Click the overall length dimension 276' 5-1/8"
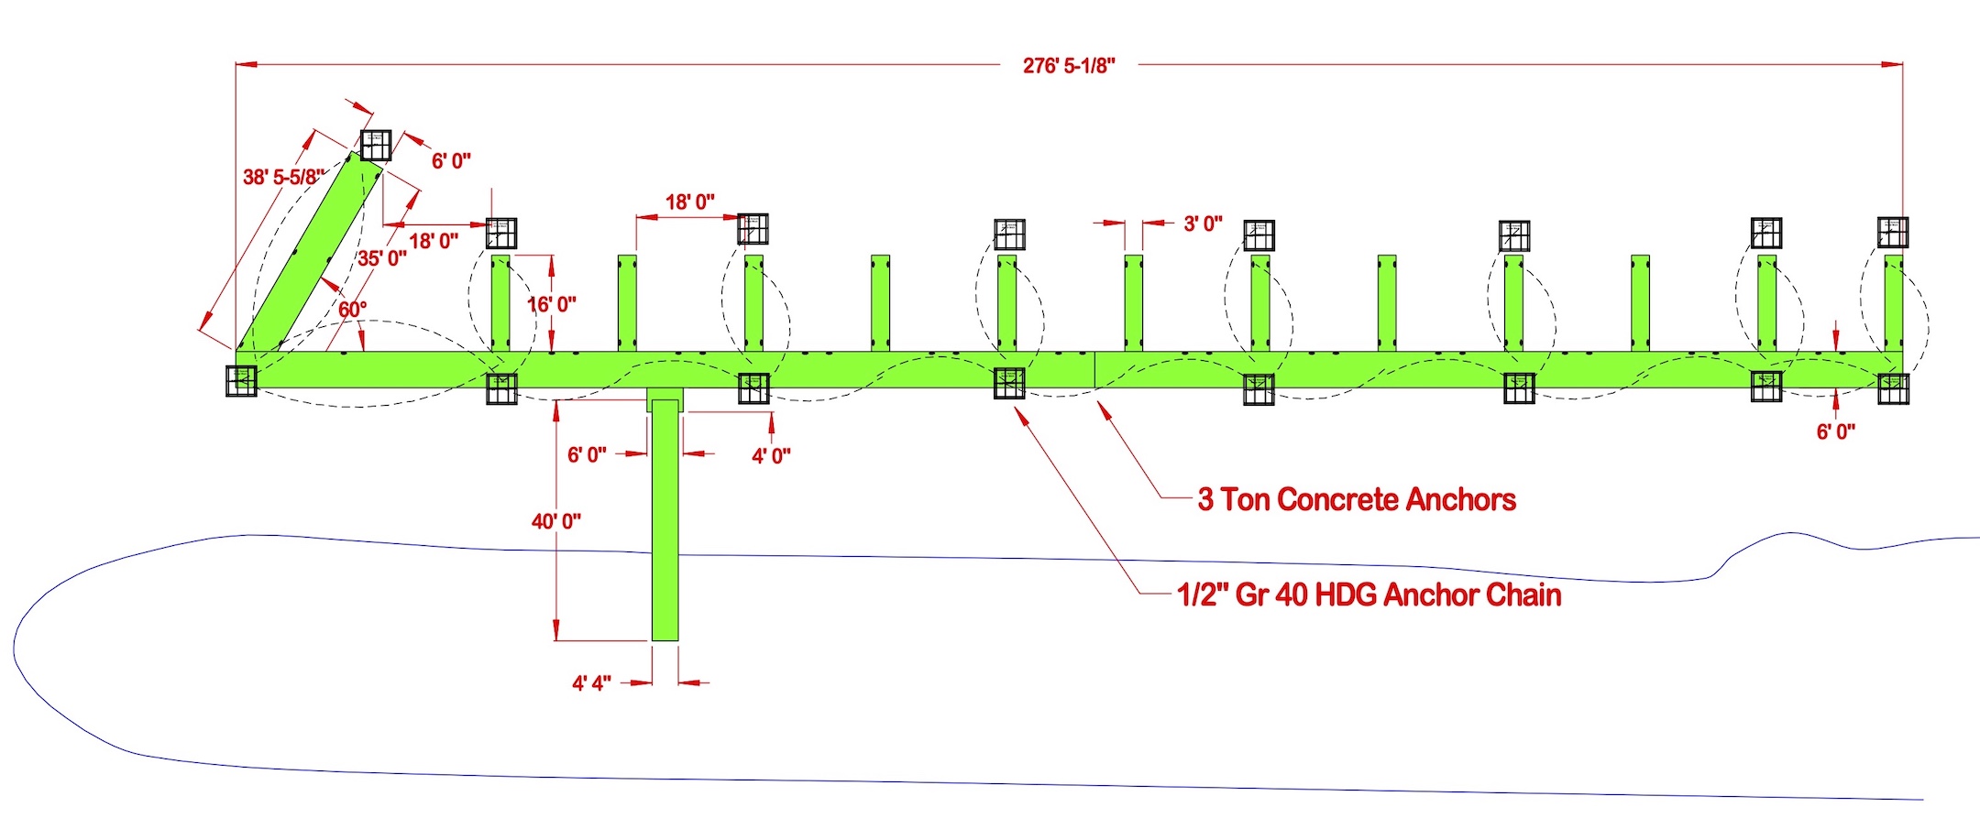(x=1069, y=66)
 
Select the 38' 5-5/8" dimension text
(x=283, y=177)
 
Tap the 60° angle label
(x=353, y=310)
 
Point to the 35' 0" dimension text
(x=381, y=258)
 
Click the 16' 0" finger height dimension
(x=552, y=304)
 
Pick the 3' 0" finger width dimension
(x=1203, y=224)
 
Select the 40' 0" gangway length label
(x=555, y=521)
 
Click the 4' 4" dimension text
(x=591, y=683)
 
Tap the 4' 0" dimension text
(x=771, y=456)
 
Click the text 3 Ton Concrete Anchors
(x=1357, y=500)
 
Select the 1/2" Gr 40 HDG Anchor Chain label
(x=1369, y=595)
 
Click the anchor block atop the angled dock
(x=376, y=146)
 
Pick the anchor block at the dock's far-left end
(x=241, y=380)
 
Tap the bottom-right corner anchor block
(x=1893, y=388)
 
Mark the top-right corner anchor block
(x=1893, y=232)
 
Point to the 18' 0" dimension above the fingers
(x=689, y=202)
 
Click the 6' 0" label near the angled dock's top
(x=451, y=161)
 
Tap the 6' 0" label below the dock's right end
(x=1836, y=432)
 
